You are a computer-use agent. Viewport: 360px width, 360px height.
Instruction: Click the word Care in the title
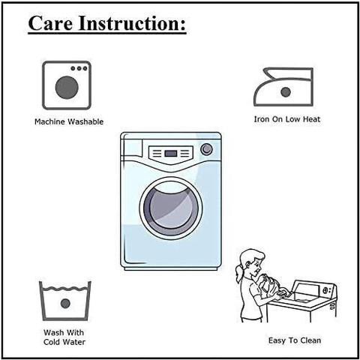(50, 23)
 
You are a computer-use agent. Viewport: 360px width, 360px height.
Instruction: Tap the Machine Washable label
(69, 121)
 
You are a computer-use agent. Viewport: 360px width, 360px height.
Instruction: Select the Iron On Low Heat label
(287, 119)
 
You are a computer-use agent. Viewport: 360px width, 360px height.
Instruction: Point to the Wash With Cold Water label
(64, 337)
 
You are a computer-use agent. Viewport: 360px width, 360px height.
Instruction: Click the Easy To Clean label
(295, 340)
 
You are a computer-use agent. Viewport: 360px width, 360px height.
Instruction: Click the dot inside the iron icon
(286, 92)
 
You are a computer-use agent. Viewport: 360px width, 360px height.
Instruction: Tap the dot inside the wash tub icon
(65, 304)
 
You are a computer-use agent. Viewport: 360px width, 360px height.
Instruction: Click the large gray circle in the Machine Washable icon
(67, 88)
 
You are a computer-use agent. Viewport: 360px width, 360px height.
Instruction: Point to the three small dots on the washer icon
(79, 68)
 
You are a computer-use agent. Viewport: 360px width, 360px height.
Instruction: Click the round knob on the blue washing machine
(206, 149)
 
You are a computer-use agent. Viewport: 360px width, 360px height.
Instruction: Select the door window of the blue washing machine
(171, 208)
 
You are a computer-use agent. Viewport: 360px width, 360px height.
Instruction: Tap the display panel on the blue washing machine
(171, 153)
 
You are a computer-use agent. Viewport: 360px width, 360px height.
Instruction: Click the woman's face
(256, 264)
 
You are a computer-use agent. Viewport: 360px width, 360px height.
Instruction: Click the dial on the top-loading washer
(325, 290)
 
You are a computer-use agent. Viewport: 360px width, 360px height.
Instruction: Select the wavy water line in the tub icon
(65, 289)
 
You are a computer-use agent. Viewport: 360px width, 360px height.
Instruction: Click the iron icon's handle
(287, 73)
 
